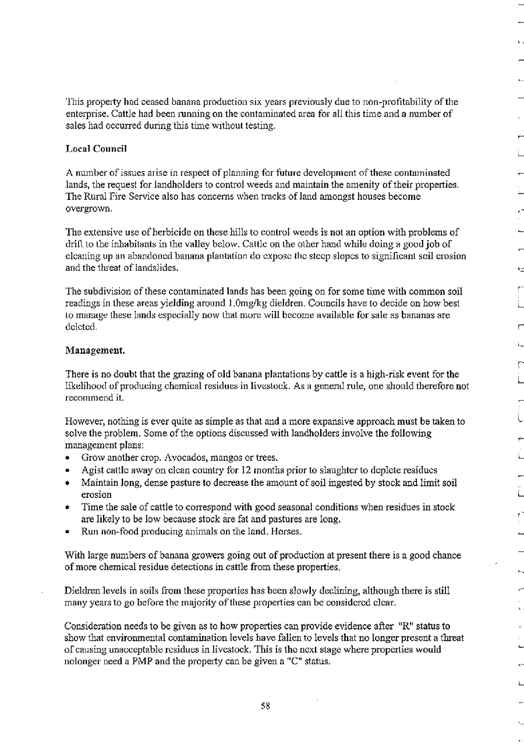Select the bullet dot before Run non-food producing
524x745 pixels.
[x=69, y=532]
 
